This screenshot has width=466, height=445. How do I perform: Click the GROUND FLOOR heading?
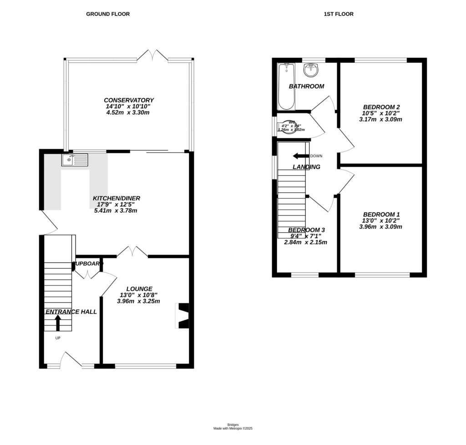[108, 14]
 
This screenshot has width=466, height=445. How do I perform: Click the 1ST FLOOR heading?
[339, 14]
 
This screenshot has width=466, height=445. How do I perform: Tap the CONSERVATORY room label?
[129, 100]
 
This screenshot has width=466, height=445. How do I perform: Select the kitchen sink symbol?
[75, 160]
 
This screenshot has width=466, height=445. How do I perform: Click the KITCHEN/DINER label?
[116, 198]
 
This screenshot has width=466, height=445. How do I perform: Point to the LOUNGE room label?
[139, 289]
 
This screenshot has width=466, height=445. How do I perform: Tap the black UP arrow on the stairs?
[58, 322]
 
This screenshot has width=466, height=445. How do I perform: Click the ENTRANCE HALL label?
[71, 312]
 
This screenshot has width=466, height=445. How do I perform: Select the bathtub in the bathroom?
[286, 87]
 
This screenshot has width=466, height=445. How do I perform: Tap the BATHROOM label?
[307, 86]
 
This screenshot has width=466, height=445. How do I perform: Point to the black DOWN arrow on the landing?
[301, 156]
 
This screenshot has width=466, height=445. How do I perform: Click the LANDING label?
[306, 167]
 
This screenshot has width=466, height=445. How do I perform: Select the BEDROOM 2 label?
[381, 107]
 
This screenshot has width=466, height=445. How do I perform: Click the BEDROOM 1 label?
[381, 214]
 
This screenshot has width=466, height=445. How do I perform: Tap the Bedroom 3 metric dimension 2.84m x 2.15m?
[305, 242]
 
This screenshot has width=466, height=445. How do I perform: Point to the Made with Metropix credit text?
[233, 429]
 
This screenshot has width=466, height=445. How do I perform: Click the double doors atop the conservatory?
[152, 55]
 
